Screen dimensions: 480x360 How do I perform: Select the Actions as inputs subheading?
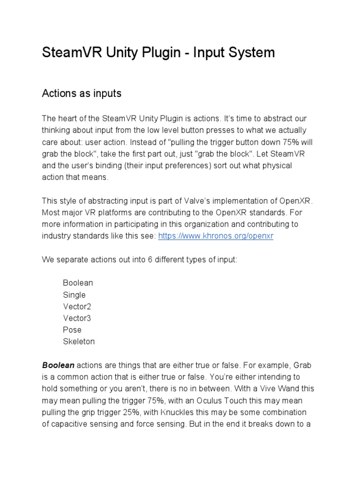coord(82,93)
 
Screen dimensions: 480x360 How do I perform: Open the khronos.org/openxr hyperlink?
coord(216,236)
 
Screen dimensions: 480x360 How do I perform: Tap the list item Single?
coord(74,295)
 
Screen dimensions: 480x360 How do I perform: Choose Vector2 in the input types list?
coord(77,307)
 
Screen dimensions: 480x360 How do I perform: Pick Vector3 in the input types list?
coord(77,318)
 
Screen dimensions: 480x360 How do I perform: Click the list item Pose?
coord(72,330)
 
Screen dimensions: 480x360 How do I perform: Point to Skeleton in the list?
coord(79,342)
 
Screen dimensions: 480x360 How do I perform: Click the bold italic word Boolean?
coord(58,365)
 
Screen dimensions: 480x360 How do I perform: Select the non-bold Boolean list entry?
coord(78,283)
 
